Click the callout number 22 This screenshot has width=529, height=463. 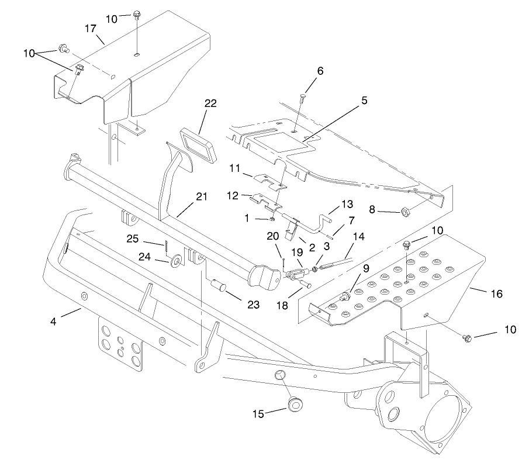210,103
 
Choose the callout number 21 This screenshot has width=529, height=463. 201,197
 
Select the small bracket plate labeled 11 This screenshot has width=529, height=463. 272,181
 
